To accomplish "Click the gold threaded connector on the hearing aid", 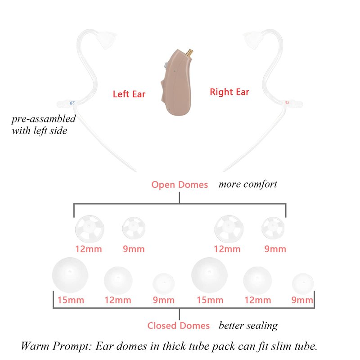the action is pos(190,54).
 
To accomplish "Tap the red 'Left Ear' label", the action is pos(129,94).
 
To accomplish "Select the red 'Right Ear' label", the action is pos(229,92).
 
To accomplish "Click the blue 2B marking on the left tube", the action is pos(72,103).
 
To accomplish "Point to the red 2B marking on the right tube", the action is pos(287,103).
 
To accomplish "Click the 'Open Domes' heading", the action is pos(180,185).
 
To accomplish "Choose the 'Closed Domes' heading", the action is pos(178,325).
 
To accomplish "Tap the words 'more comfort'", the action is pos(248,184).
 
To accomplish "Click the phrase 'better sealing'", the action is pos(248,326).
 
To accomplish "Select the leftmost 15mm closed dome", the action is pos(70,275).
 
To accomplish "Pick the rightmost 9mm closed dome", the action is pos(303,284).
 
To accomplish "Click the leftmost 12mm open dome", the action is pos(90,229).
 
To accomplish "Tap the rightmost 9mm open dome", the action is pos(273,228).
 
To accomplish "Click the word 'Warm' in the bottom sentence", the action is pos(35,346).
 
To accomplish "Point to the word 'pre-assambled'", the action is pos(44,119).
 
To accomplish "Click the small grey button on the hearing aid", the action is pos(166,66).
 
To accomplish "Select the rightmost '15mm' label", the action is pos(210,300).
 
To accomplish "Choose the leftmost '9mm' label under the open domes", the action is pos(134,249).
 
